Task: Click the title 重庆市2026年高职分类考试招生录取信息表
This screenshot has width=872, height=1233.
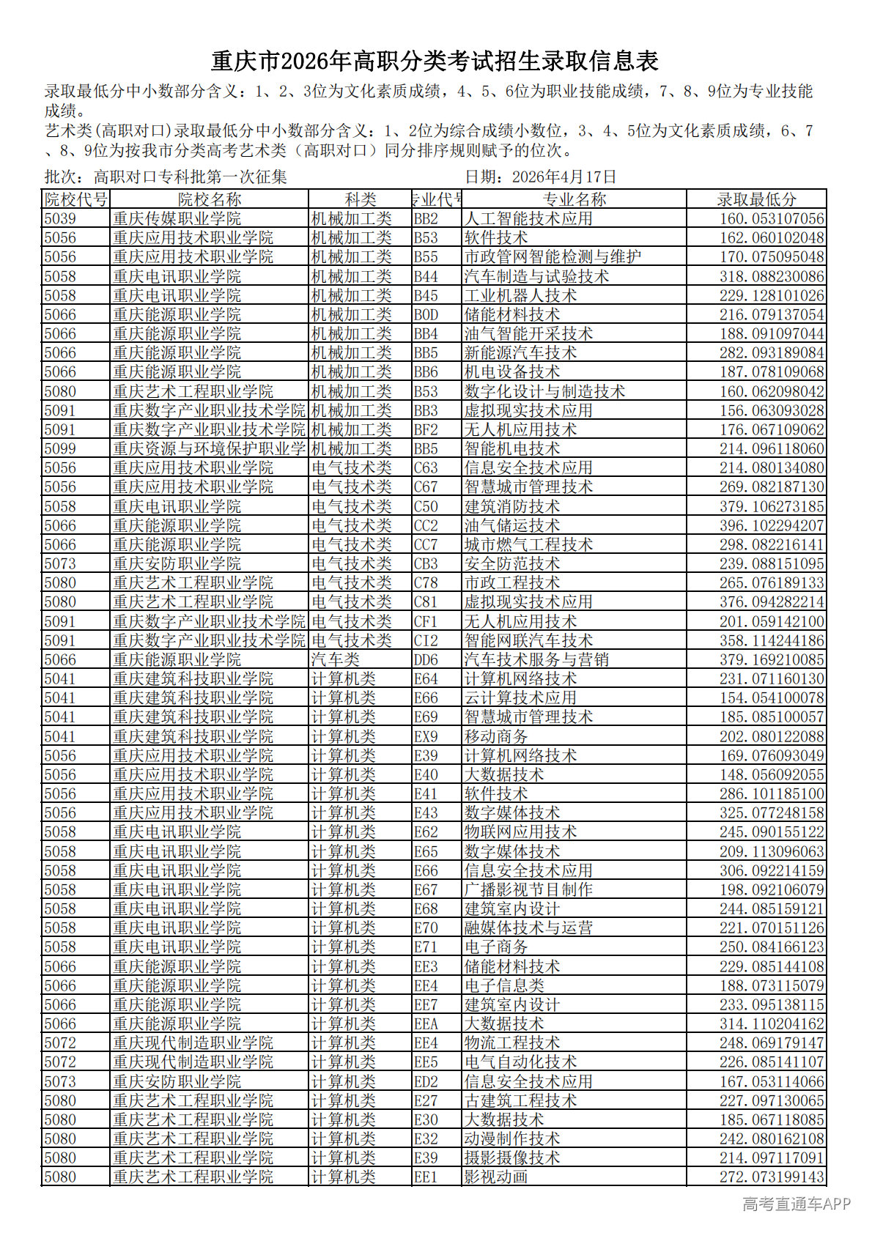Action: pos(435,61)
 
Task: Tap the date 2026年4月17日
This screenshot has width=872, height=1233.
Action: pos(564,177)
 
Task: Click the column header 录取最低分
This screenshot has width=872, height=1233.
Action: pos(756,199)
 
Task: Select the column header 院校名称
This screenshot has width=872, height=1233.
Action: pos(210,199)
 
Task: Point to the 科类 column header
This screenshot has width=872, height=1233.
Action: pos(361,199)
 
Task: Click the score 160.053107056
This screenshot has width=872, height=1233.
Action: pos(772,218)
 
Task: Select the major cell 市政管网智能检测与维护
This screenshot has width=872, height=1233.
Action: pos(553,257)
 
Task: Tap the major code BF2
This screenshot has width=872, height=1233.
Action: pos(426,429)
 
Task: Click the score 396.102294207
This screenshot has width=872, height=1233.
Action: pos(772,525)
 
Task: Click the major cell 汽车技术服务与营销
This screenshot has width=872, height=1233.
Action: pos(536,659)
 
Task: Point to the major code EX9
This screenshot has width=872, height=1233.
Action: pos(426,736)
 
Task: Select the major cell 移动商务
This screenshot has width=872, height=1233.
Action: pos(496,736)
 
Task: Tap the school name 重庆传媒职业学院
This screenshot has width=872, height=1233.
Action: pos(177,218)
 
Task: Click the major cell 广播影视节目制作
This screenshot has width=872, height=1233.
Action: pos(528,889)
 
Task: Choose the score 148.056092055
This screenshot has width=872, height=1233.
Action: pos(772,774)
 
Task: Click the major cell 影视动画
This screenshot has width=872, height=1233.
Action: pos(496,1177)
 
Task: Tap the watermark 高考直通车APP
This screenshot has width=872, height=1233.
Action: pos(796,1204)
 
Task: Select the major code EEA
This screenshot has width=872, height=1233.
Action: pos(426,1023)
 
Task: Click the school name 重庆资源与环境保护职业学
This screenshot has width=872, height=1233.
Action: pos(209,448)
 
